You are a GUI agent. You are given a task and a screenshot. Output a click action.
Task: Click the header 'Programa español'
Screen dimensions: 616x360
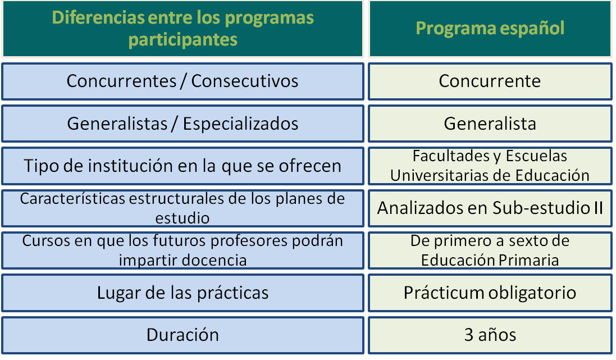(490, 28)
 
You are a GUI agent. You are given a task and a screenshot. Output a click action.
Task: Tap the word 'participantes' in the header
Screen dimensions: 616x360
(182, 40)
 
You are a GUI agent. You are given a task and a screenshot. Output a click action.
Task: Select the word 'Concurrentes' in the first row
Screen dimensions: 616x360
(121, 81)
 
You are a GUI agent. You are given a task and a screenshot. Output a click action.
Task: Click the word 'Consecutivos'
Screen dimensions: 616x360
(245, 81)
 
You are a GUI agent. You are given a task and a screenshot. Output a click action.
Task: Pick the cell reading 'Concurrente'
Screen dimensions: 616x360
(490, 81)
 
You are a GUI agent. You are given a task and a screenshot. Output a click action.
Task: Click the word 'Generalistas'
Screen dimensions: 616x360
(117, 124)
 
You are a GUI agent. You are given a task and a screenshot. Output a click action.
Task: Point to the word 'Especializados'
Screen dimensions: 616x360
(240, 124)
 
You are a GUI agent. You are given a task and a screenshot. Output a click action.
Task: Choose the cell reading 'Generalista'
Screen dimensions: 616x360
(490, 124)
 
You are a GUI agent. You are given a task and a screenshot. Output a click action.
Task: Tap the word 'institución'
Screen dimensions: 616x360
(130, 166)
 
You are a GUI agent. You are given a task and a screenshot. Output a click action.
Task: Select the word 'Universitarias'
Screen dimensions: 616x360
(439, 176)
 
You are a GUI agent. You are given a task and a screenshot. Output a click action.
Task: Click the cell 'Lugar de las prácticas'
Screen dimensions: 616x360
(182, 293)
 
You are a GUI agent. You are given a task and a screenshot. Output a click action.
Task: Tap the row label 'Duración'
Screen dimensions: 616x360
(182, 335)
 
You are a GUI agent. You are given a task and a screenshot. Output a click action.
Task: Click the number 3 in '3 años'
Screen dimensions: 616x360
(469, 335)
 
